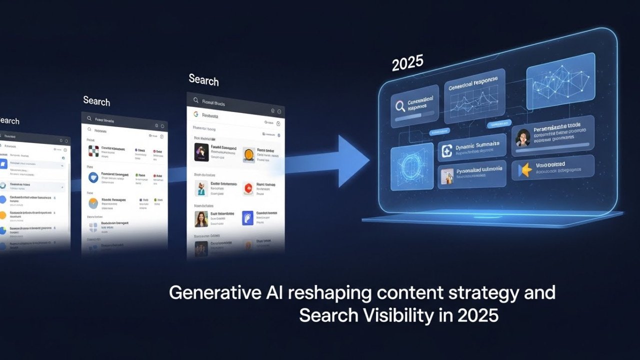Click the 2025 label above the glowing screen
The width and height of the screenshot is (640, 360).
click(x=407, y=63)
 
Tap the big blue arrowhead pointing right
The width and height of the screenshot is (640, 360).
click(x=353, y=160)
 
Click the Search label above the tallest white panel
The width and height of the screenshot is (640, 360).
click(x=203, y=80)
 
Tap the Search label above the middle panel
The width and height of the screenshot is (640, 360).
click(x=96, y=101)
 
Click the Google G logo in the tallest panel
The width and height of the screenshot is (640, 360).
click(x=196, y=114)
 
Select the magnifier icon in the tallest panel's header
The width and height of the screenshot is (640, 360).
click(x=195, y=102)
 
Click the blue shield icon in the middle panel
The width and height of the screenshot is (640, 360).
click(x=93, y=177)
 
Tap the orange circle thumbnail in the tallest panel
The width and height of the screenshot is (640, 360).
click(x=249, y=154)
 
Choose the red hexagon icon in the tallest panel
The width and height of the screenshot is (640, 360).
click(x=248, y=188)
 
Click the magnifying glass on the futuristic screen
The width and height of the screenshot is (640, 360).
click(x=400, y=106)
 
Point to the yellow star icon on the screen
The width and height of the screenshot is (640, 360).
click(x=525, y=170)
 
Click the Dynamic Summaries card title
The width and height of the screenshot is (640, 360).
click(x=477, y=145)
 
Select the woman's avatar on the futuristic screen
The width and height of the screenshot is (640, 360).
click(x=523, y=137)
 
